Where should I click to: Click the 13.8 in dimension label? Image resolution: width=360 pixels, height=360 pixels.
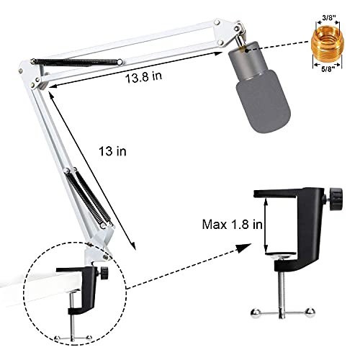[x=143, y=77]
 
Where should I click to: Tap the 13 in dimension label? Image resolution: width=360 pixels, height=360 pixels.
[x=112, y=151]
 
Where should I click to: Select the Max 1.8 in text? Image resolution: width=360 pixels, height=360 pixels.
[x=232, y=225]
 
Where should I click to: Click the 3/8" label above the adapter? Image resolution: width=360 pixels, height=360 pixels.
[x=328, y=17]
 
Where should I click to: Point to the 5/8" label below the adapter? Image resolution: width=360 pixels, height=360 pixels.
[x=328, y=69]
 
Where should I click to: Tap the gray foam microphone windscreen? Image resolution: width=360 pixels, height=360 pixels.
[x=264, y=101]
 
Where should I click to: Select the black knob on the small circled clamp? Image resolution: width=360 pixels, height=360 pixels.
[x=104, y=273]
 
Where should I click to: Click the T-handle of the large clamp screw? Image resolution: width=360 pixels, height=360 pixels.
[x=282, y=312]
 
